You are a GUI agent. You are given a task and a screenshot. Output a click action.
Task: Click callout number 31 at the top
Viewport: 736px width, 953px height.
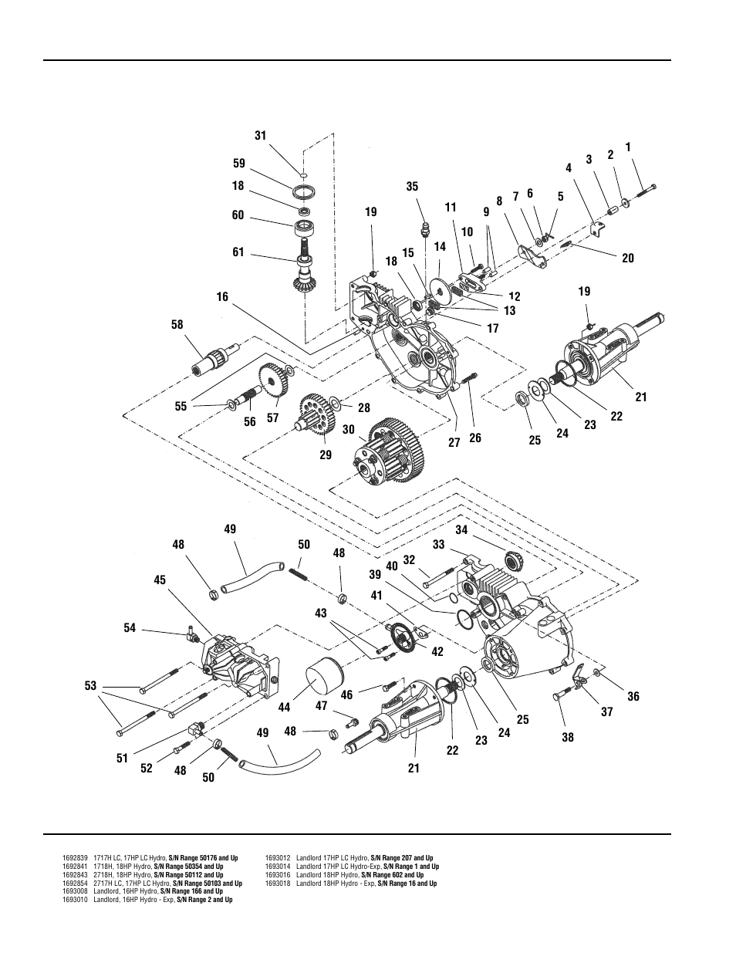[x=260, y=136]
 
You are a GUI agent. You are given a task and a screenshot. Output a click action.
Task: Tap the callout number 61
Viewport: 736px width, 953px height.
[x=238, y=252]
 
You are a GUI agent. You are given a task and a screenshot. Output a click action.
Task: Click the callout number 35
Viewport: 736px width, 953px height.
[x=412, y=187]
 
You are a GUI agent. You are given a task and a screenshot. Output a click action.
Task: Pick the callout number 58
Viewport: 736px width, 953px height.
[x=177, y=325]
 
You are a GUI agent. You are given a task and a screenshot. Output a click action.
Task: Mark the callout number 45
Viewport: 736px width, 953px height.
[x=160, y=580]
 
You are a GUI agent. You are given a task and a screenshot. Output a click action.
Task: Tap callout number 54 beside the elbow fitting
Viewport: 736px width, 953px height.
[x=129, y=628]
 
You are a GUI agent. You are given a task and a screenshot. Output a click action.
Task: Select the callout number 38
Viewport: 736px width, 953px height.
[x=568, y=737]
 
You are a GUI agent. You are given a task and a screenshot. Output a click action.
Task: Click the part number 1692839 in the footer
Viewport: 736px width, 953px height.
[x=75, y=858]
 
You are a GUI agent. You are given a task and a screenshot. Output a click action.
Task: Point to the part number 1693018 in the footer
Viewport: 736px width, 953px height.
[x=277, y=884]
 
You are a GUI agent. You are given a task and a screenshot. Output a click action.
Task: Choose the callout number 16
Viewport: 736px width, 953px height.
[x=222, y=297]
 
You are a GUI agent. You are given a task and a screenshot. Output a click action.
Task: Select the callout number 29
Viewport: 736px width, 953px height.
[x=326, y=455]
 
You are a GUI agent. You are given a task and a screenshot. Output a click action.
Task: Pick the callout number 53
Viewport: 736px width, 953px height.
[x=91, y=686]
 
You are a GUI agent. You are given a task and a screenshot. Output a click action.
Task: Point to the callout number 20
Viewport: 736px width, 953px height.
[x=628, y=259]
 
